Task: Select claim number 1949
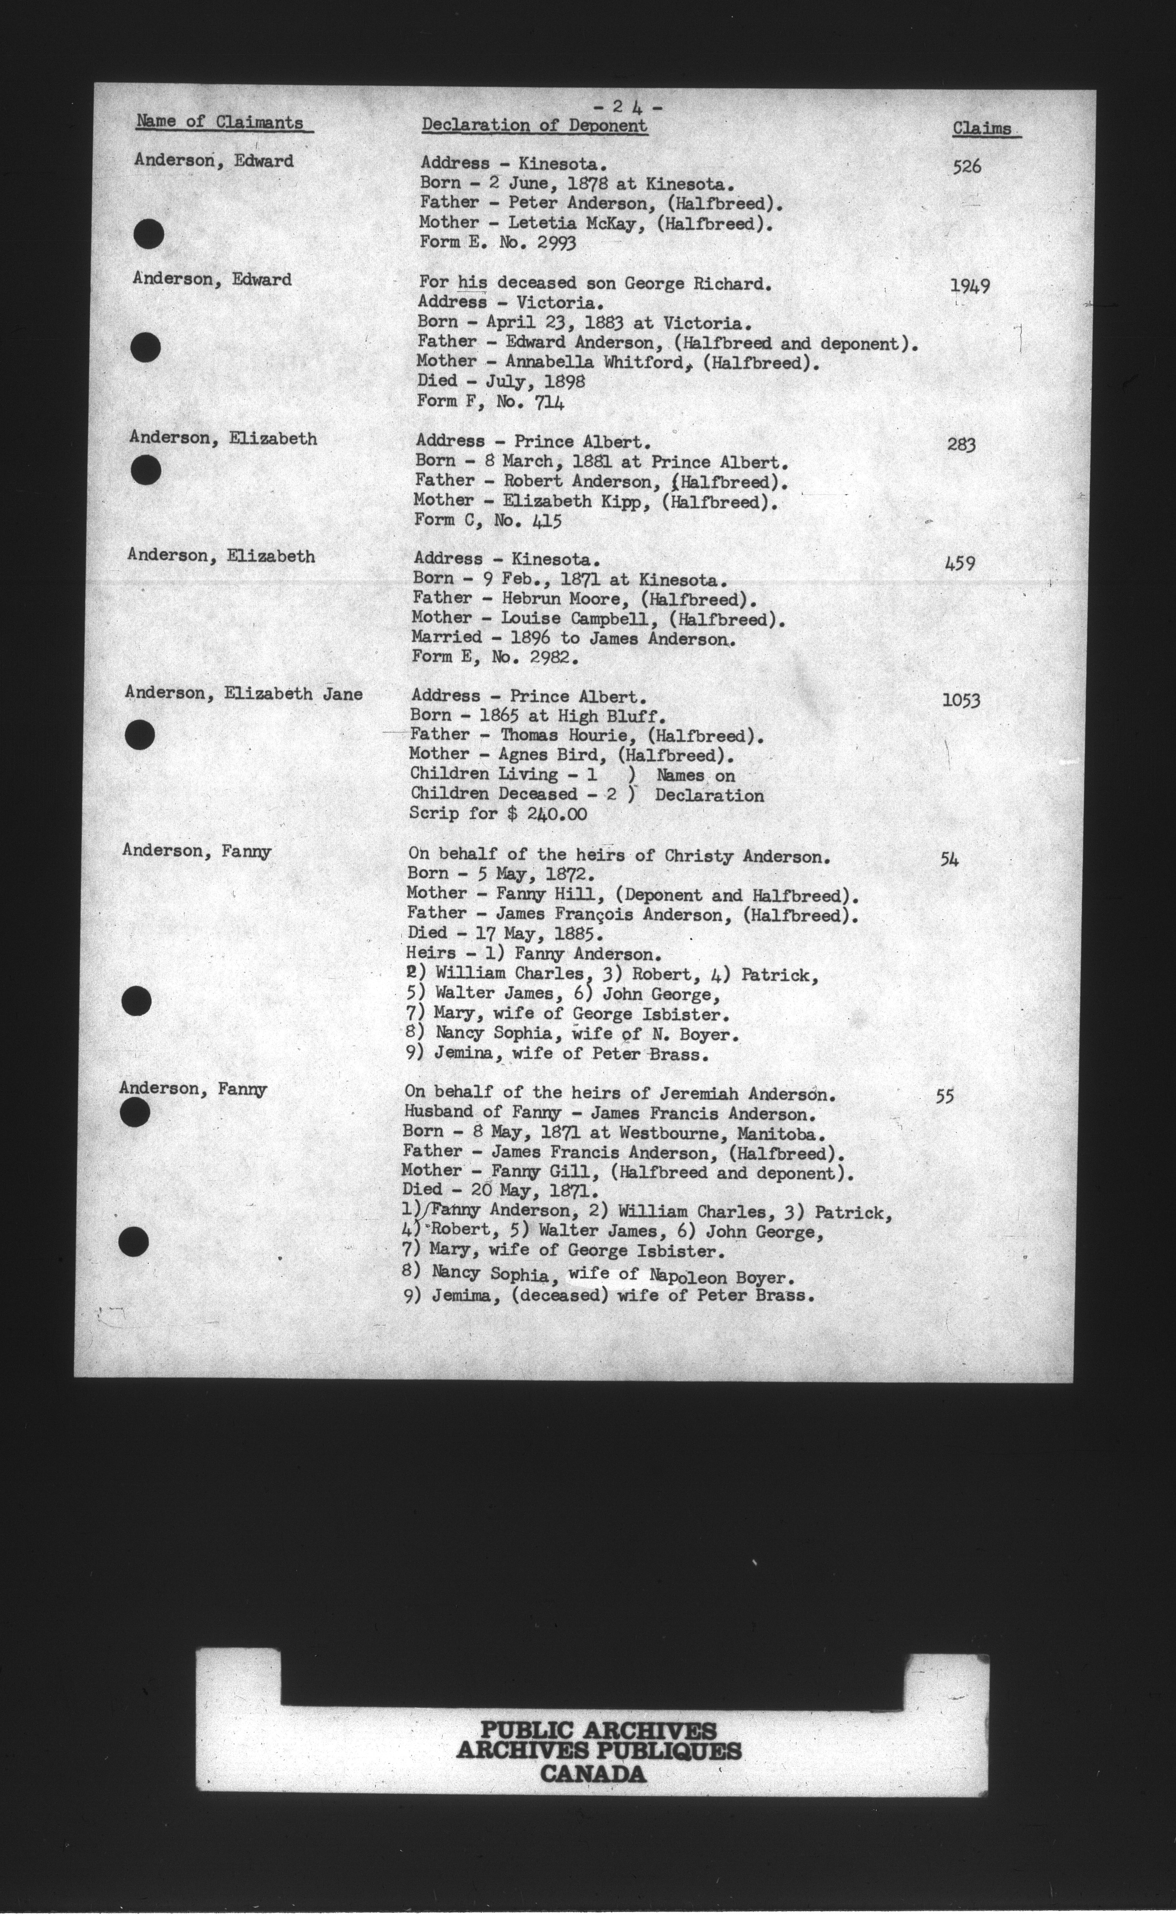(x=969, y=286)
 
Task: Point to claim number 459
(x=960, y=563)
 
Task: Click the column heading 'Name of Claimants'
(x=219, y=122)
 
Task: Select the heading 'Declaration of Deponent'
(x=534, y=125)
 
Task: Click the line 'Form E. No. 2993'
(x=498, y=243)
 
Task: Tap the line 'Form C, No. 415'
(x=488, y=520)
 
